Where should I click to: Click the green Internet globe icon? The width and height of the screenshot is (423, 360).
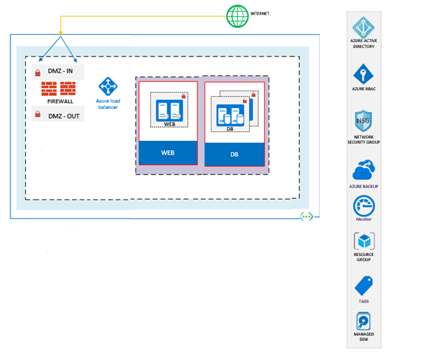point(237,16)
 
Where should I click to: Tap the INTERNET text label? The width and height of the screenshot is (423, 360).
point(260,13)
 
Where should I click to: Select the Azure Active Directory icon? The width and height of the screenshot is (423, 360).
point(364,27)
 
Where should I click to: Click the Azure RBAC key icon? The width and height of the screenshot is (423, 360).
point(364,74)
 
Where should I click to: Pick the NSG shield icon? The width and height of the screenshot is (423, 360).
point(364,121)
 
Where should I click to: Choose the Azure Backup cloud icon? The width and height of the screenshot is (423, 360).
point(364,170)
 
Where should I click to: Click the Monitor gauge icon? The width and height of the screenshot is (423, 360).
point(364,207)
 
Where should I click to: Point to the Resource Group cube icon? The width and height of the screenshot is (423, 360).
point(364,241)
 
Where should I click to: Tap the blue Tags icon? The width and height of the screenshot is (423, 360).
point(364,285)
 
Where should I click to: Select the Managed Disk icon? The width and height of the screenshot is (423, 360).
point(364,321)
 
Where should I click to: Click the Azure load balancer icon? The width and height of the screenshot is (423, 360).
point(108,87)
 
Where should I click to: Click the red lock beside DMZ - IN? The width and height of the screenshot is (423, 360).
point(38,73)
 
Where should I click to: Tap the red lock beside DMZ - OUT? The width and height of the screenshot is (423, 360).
point(38,114)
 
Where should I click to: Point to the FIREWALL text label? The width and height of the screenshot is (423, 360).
point(60,101)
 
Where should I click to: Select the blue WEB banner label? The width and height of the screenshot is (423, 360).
point(168,153)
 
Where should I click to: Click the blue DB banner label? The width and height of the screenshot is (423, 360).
point(234,154)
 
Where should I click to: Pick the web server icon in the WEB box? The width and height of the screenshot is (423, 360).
point(170,110)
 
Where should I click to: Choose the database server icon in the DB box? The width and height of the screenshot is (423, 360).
point(230,115)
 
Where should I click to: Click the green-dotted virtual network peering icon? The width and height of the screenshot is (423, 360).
point(306,216)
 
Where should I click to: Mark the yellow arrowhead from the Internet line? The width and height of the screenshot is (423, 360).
point(61,33)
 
